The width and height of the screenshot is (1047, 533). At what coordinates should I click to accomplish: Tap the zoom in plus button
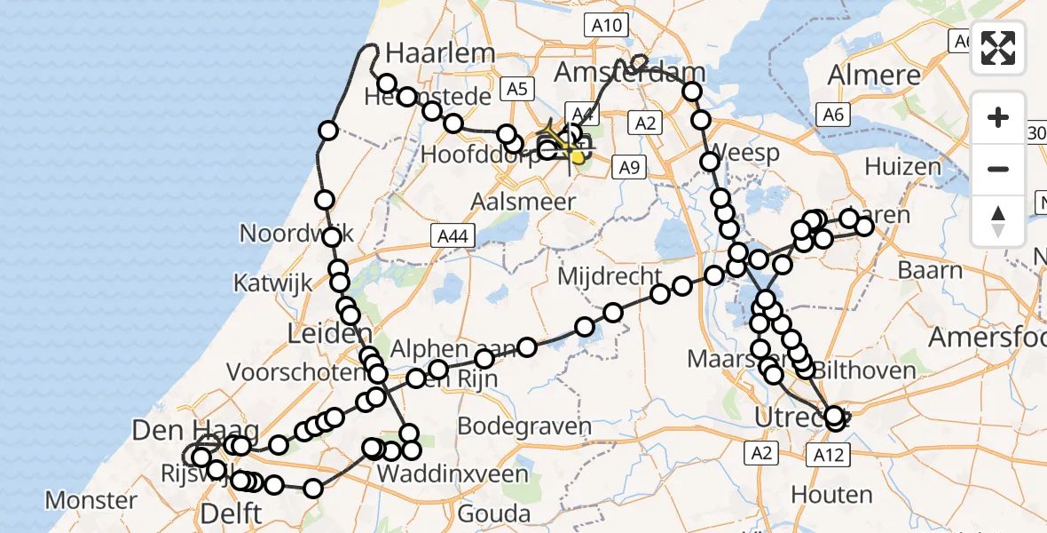(x=998, y=118)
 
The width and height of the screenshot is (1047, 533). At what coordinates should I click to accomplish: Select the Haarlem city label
(x=440, y=52)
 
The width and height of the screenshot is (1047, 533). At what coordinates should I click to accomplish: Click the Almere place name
(x=874, y=76)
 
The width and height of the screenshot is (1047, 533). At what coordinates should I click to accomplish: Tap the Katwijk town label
(x=272, y=283)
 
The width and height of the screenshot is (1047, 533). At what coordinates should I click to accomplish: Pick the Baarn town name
(x=930, y=270)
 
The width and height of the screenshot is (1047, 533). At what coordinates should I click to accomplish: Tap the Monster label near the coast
(x=91, y=500)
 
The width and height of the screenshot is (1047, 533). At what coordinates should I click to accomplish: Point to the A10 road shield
(x=608, y=26)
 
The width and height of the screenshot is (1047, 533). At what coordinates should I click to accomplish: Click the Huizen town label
(x=902, y=166)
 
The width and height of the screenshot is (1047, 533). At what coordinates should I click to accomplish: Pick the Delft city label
(x=231, y=513)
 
